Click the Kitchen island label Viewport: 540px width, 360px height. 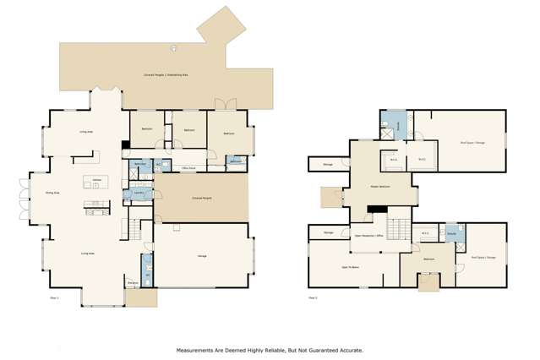[x=97, y=180]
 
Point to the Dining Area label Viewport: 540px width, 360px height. [x=52, y=193]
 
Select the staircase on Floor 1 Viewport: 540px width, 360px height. [x=134, y=228]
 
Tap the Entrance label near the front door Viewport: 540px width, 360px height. [x=133, y=282]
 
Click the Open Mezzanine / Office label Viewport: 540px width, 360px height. [x=369, y=236]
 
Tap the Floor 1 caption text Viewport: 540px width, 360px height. [x=55, y=297]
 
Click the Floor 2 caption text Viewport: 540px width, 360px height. [x=313, y=297]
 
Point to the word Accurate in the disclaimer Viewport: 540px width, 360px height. [x=349, y=349]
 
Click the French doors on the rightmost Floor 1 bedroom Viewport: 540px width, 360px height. [x=226, y=105]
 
